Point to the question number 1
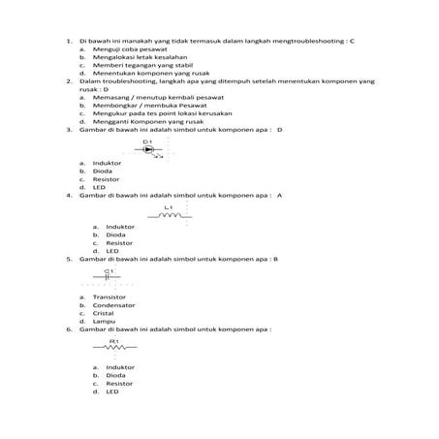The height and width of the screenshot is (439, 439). click(69, 42)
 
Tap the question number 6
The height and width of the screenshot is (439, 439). click(69, 329)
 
